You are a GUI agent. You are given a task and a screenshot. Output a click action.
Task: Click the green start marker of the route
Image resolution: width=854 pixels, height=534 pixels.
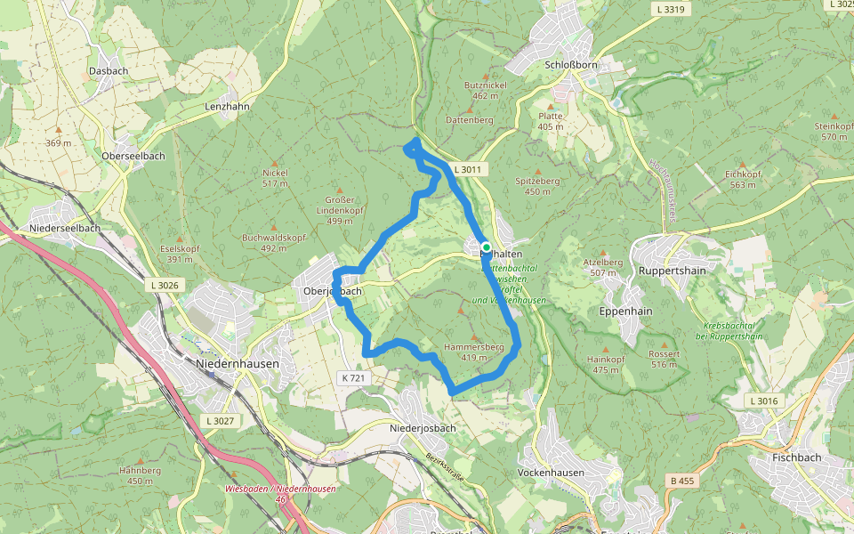487,247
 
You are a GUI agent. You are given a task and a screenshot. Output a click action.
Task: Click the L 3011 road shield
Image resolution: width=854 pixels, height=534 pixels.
466,169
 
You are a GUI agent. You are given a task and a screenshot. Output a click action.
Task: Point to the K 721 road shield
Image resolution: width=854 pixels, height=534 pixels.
353,378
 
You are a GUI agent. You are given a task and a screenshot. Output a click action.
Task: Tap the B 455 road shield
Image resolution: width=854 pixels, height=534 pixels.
681,481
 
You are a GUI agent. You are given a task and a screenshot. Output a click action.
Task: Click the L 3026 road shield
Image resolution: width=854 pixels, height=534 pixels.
162,285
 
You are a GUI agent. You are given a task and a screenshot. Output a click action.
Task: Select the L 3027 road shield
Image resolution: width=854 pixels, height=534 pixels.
218,420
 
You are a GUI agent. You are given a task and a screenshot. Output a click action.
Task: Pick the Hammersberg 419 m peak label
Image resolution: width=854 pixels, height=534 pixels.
474,352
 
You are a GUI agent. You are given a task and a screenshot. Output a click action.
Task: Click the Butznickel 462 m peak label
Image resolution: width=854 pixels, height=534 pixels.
485,89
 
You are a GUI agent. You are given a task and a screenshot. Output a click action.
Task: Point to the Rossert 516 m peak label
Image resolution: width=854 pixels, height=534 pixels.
664,359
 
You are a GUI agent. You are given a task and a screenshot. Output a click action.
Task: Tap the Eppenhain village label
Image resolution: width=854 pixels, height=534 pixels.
625,312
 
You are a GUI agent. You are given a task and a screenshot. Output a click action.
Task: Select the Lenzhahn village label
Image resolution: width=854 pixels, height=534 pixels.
227,105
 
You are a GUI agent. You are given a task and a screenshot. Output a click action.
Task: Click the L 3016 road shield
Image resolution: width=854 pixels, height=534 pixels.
763,401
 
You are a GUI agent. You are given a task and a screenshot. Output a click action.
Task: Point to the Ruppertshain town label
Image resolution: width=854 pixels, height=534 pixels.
673,270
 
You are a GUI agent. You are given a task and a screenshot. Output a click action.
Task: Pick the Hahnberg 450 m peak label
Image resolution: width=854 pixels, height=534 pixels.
140,475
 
